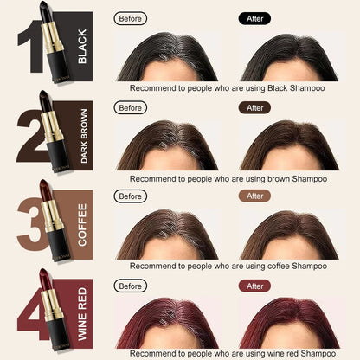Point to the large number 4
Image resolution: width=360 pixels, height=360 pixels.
[x=32, y=313]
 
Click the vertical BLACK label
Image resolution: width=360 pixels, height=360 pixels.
[x=82, y=47]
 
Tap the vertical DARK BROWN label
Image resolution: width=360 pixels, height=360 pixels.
[x=84, y=136]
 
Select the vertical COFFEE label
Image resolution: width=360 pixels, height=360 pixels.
[x=82, y=225]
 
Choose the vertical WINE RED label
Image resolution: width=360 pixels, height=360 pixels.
[x=82, y=314]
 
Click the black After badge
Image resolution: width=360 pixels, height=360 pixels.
[x=254, y=19]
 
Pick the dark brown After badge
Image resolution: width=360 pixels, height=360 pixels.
[x=254, y=108]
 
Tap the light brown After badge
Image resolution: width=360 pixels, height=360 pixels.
[x=254, y=196]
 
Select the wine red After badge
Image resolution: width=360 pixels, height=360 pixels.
[x=254, y=286]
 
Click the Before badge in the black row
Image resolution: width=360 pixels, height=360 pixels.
[x=131, y=19]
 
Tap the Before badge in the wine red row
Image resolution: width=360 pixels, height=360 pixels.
[x=131, y=286]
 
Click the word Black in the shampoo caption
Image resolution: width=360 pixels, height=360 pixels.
[x=278, y=88]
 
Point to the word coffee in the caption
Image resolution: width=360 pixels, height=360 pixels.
[x=279, y=266]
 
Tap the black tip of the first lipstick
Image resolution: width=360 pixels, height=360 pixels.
[x=44, y=11]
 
